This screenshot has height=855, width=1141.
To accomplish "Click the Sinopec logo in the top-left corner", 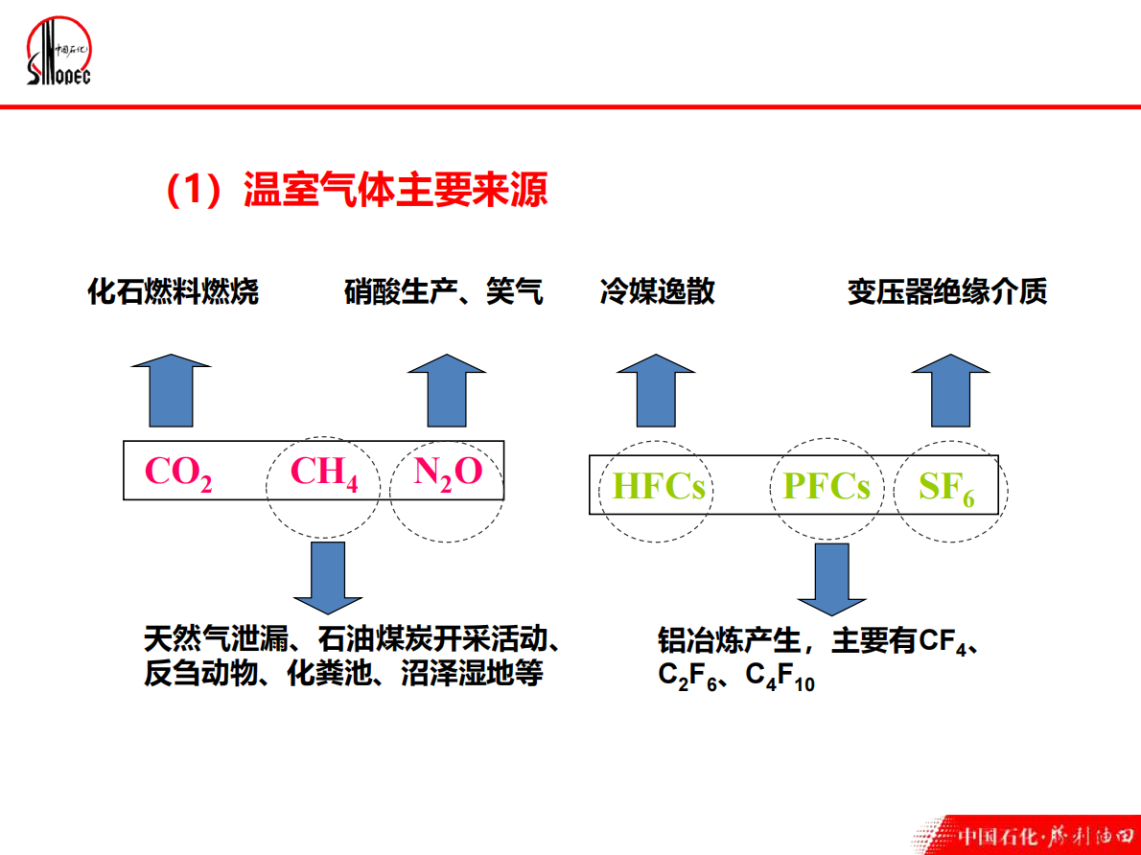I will click(x=58, y=54).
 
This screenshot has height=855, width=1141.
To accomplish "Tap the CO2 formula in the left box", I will click(x=178, y=473).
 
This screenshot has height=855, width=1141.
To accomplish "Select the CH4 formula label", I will click(x=324, y=473).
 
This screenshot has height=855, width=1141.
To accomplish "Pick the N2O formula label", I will click(x=448, y=472).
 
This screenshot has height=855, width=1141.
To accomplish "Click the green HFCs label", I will click(x=659, y=488).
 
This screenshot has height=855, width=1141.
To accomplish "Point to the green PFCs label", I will click(x=827, y=487).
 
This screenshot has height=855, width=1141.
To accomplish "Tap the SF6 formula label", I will click(x=946, y=489).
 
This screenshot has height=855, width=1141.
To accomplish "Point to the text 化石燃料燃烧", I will click(x=173, y=291).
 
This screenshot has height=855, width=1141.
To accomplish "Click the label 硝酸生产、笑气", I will click(x=444, y=291).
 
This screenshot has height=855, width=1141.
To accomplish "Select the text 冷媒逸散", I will click(x=657, y=291).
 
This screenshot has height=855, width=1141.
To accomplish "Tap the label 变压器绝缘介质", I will click(x=947, y=291).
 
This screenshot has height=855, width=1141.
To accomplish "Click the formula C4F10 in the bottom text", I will click(x=780, y=678).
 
